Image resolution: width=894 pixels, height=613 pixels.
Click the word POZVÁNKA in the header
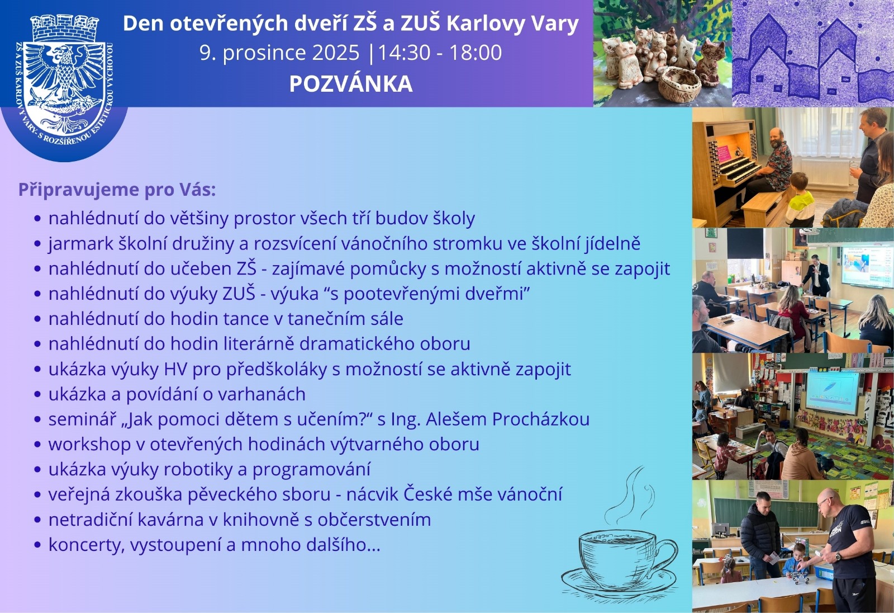[351, 84]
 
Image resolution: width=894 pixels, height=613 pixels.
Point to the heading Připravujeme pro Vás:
[117, 190]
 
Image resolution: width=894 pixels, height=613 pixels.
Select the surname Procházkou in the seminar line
[541, 419]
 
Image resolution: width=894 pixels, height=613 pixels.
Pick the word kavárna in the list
[168, 520]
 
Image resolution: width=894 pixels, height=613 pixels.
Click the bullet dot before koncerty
[38, 545]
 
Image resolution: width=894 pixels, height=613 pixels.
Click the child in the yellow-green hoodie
[800, 200]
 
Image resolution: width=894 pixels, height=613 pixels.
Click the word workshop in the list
[89, 444]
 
